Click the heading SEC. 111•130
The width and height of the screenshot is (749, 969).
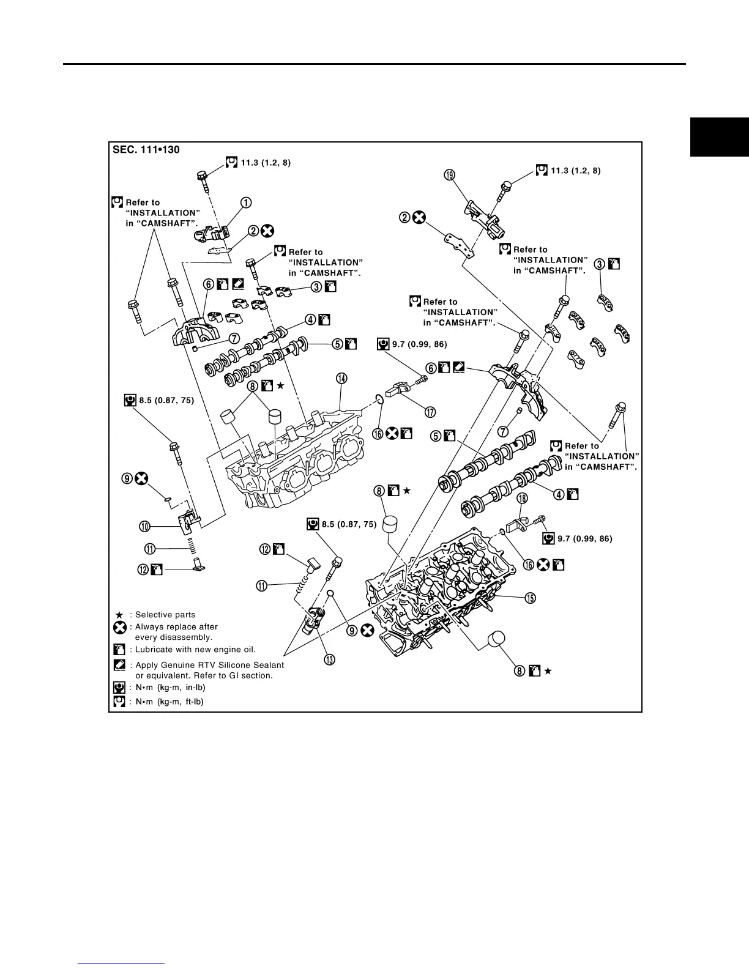(x=146, y=150)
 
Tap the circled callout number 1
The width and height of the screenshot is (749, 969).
(x=246, y=202)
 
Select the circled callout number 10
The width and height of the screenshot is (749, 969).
(x=144, y=526)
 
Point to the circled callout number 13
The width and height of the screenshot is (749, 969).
(x=329, y=659)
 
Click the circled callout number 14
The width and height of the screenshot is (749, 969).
(x=341, y=379)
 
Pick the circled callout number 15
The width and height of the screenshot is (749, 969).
(x=531, y=598)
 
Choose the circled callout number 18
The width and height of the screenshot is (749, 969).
(x=522, y=499)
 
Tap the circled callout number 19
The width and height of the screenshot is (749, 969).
(x=450, y=176)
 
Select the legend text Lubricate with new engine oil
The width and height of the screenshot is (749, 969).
(x=195, y=650)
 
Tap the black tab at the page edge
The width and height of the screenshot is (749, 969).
(x=720, y=137)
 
